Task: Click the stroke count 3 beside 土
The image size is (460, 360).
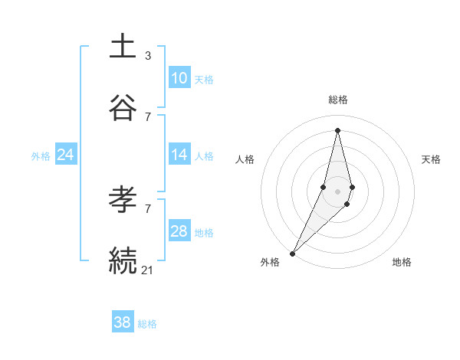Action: [x=148, y=55]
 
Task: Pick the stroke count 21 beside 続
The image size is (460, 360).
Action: [x=149, y=269]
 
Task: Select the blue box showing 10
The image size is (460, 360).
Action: [x=179, y=78]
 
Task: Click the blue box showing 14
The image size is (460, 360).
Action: [x=179, y=155]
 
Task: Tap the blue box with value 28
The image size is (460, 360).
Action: [x=179, y=231]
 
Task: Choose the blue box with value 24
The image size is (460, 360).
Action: [x=65, y=155]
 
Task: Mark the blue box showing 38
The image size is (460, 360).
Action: [x=122, y=322]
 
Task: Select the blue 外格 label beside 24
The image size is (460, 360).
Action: [x=41, y=156]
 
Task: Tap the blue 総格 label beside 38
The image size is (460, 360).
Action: [x=147, y=324]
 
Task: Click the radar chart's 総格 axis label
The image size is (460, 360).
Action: [x=338, y=100]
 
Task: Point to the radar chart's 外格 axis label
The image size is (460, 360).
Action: [x=270, y=262]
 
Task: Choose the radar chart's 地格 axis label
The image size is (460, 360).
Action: [x=402, y=262]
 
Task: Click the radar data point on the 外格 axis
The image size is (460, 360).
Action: [x=293, y=253]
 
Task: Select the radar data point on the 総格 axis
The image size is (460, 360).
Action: [x=338, y=130]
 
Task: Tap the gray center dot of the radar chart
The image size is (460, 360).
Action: [x=338, y=191]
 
